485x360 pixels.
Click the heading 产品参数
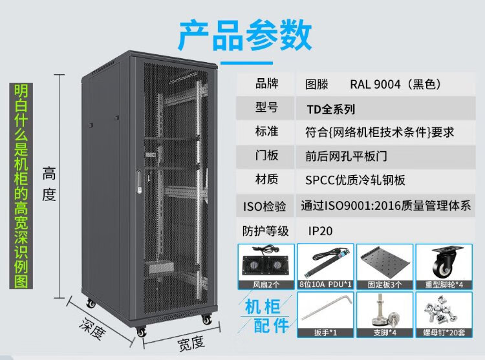coord(245,35)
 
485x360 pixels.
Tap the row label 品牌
coord(266,83)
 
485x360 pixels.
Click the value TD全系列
coord(330,109)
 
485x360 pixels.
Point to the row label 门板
coord(266,155)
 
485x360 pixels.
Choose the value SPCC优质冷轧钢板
coord(355,180)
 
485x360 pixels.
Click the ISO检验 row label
coord(264,206)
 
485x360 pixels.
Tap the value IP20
coord(320,231)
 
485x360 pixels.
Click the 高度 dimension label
coord(49,184)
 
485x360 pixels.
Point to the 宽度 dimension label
coord(191,343)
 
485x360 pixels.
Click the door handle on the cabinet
coord(139,182)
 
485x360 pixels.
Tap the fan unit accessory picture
coord(266,262)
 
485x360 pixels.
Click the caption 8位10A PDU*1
coord(325,284)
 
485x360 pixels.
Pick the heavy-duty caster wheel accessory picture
coord(444,262)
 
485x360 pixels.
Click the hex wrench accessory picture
coord(325,311)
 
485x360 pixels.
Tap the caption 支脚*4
coord(385,332)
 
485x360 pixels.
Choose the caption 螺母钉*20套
coord(444,332)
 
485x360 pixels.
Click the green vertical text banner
coord(21,185)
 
